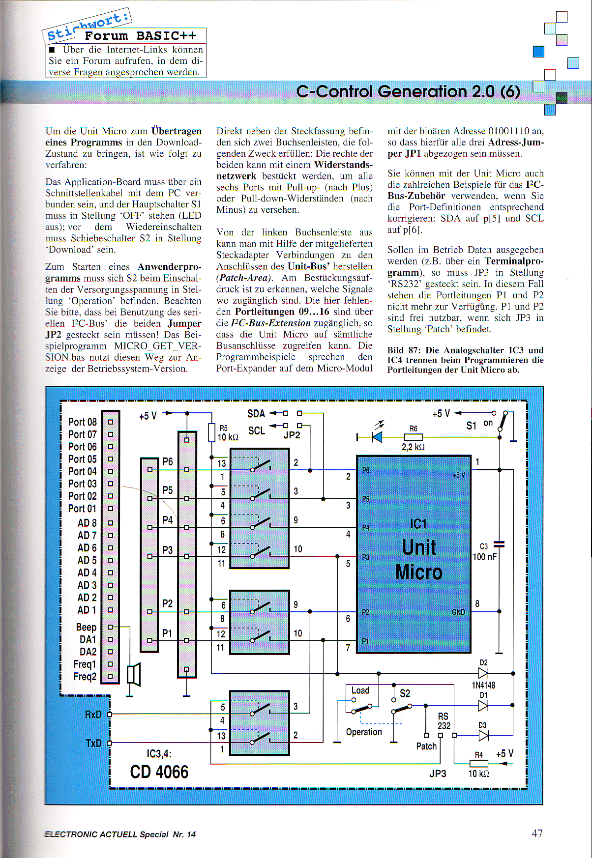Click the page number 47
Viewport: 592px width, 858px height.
click(x=537, y=833)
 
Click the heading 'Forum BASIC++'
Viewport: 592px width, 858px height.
click(x=140, y=35)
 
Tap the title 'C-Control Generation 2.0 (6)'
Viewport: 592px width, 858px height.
click(x=408, y=92)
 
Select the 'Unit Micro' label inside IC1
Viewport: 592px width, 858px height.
click(x=419, y=560)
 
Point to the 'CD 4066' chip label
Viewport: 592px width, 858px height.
click(x=159, y=772)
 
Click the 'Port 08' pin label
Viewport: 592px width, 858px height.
click(x=82, y=422)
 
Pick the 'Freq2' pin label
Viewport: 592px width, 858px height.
click(x=85, y=677)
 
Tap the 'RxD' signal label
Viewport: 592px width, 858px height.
click(x=93, y=714)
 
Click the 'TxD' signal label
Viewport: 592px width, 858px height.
click(x=93, y=743)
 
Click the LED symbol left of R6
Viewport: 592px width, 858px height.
click(x=377, y=437)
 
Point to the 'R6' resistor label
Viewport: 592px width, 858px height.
click(x=413, y=429)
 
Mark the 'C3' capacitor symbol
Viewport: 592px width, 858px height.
click(x=499, y=544)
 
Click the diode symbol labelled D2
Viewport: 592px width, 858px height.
click(x=483, y=673)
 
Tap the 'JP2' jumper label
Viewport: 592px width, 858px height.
click(x=292, y=435)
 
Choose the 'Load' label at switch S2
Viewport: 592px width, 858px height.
click(x=360, y=690)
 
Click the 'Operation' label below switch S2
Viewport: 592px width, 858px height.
click(x=364, y=732)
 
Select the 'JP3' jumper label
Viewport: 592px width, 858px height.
click(x=438, y=773)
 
